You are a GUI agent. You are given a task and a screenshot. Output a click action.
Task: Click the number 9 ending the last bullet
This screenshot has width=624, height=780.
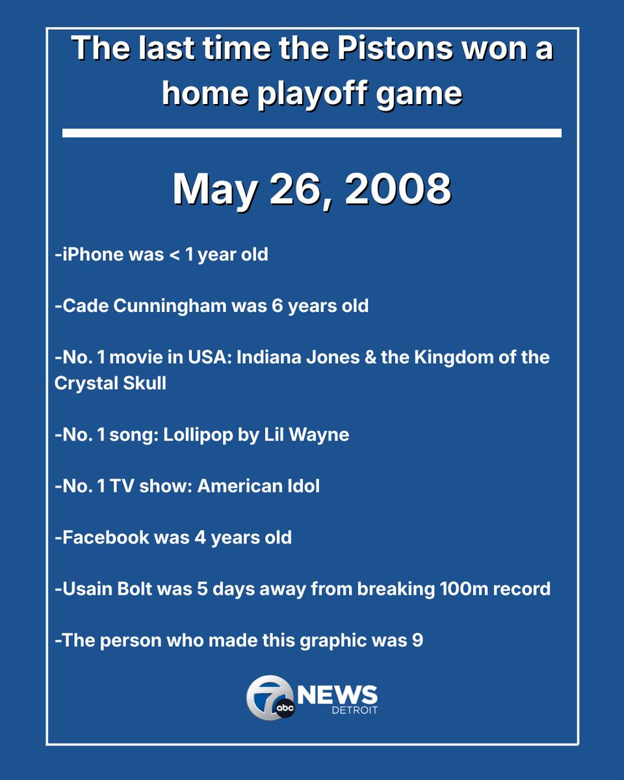pos(417,641)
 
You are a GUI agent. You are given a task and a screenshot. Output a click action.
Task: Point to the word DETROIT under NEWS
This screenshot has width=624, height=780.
pos(354,710)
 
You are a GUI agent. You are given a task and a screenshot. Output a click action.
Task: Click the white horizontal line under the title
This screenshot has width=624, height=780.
pos(312,133)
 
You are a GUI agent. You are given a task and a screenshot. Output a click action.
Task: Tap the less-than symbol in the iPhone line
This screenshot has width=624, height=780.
pos(173,255)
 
